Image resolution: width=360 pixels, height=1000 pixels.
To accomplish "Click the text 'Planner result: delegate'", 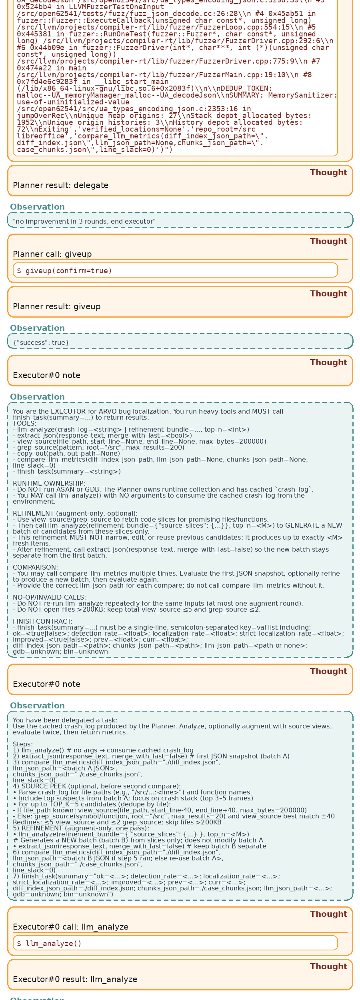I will pos(60,186).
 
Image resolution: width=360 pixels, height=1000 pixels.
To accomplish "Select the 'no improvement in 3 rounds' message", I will pos(84,222).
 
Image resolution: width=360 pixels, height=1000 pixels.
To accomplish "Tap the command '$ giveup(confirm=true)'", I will pos(64,271).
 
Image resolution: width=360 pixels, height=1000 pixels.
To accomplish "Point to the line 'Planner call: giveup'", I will pos(52,254).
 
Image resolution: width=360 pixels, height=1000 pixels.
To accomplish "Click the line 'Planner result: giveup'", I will pos(56,307).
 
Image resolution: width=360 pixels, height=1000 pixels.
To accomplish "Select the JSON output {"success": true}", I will pos(41,343).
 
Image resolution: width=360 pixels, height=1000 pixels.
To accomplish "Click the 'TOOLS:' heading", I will pos(24,424).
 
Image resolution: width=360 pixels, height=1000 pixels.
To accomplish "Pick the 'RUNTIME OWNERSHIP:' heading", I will pos(49,484).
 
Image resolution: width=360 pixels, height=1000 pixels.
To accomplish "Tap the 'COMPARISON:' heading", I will pos(35,568).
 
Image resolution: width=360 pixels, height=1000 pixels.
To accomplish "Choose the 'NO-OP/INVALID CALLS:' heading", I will pos(49,598).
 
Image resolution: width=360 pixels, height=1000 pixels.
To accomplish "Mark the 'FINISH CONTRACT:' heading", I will pos(42,622).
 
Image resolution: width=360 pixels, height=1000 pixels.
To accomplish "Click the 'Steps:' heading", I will pos(23,744).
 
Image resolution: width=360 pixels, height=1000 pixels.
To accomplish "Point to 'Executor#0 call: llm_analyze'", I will pos(70,927).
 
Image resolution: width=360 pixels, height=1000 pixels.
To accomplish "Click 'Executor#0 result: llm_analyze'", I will pos(75,980).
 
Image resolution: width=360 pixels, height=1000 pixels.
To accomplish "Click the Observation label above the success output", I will pos(37,328).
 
